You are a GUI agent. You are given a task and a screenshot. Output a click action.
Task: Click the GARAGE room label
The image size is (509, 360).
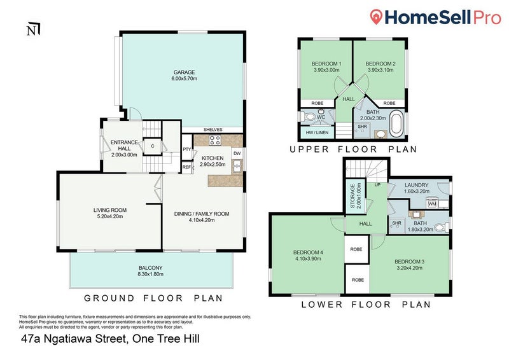click(184, 73)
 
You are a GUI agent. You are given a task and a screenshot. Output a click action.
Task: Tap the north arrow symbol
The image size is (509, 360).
click(34, 29)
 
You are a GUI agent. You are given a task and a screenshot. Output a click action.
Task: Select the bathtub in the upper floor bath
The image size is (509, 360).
click(396, 124)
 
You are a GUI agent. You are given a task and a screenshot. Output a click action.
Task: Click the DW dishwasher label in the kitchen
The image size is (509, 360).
click(237, 153)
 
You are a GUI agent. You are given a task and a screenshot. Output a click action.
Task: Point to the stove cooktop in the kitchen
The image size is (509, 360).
click(214, 141)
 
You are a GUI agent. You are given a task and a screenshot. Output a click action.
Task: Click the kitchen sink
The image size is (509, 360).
click(237, 167)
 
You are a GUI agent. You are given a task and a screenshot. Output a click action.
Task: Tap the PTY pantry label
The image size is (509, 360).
click(186, 149)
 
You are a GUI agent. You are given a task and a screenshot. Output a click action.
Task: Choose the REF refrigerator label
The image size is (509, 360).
click(186, 167)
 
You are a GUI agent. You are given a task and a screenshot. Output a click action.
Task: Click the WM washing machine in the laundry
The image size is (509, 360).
click(432, 204)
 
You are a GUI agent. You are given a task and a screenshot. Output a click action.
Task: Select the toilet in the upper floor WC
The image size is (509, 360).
click(309, 116)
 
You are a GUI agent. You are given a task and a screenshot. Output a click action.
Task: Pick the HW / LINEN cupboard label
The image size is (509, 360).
click(317, 132)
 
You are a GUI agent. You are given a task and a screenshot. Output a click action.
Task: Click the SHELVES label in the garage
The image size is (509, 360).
click(213, 130)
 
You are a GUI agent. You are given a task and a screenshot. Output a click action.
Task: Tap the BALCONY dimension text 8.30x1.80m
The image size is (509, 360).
click(150, 274)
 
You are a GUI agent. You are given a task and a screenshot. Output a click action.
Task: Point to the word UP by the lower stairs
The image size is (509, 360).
click(377, 184)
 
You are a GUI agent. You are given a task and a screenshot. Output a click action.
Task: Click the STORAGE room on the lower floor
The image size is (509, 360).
click(356, 197)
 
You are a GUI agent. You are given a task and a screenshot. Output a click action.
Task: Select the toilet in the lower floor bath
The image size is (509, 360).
click(441, 227)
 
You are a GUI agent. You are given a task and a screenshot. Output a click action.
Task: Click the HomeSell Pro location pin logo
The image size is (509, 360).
click(376, 17)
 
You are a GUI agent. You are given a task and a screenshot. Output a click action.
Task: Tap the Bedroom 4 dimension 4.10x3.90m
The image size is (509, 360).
click(308, 259)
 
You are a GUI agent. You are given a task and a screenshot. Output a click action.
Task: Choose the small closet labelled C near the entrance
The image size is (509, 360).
click(152, 146)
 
